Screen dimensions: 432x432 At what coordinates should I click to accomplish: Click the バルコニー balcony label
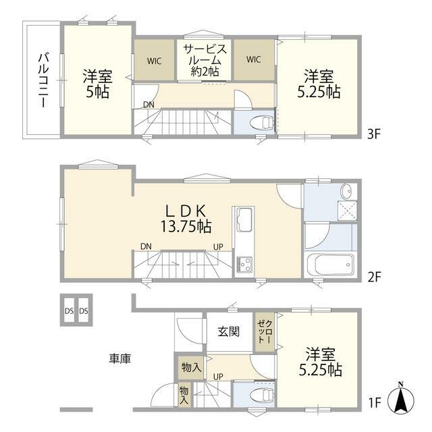click(x=44, y=80)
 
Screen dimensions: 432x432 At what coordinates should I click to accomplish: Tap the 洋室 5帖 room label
click(x=98, y=84)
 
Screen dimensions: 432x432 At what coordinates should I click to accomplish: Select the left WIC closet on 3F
click(x=154, y=60)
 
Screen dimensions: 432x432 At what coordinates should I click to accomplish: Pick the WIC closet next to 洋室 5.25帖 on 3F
click(x=254, y=60)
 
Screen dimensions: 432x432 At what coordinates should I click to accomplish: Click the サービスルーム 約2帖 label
click(x=205, y=60)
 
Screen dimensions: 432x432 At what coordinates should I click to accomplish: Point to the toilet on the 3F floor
click(x=263, y=122)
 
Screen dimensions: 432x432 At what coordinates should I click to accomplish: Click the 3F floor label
click(x=374, y=134)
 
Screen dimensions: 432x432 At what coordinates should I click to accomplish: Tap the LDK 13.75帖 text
click(x=186, y=219)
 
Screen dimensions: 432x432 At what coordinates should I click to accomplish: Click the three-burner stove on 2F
click(x=244, y=264)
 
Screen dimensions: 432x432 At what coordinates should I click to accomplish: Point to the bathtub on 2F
click(x=330, y=265)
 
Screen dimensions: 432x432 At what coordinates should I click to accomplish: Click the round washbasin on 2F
click(x=347, y=191)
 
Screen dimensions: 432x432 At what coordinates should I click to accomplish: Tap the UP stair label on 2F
click(x=218, y=247)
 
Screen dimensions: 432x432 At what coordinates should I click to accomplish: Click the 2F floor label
click(x=374, y=277)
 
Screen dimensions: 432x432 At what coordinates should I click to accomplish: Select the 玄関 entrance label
click(x=229, y=331)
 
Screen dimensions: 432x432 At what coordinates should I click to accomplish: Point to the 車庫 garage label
click(x=120, y=358)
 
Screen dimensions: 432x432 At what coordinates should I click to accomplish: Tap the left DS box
click(x=69, y=310)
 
